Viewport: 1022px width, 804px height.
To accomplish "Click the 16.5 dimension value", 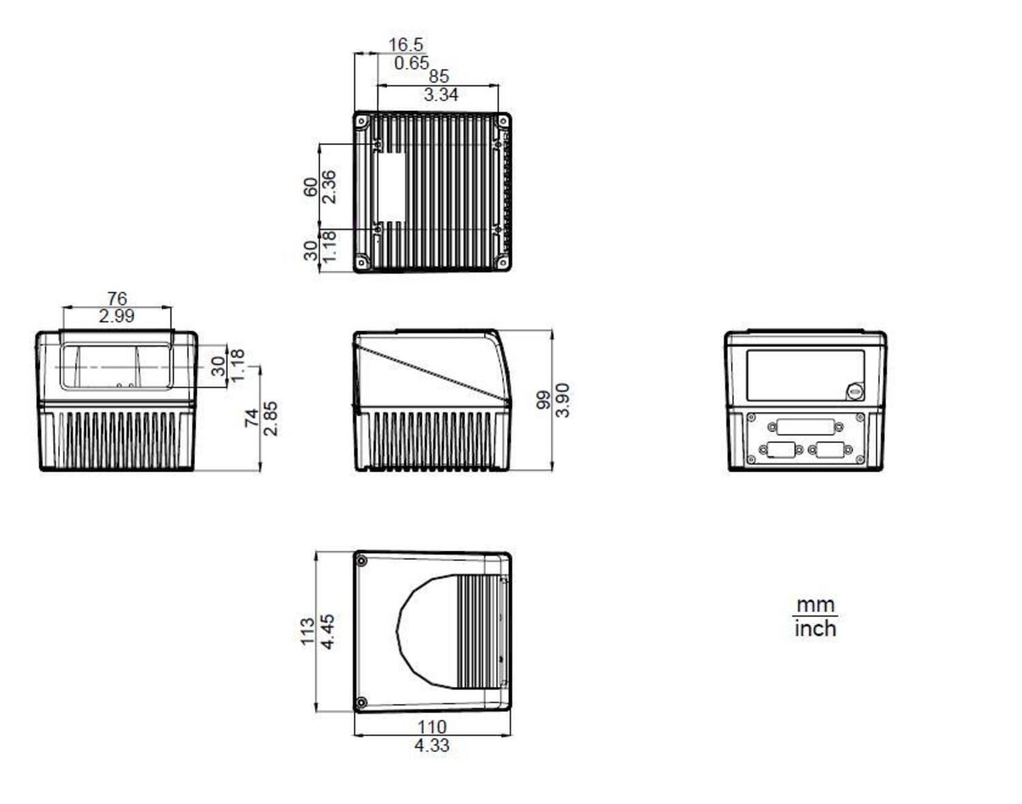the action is (405, 45).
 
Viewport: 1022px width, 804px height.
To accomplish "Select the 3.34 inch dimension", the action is (441, 95).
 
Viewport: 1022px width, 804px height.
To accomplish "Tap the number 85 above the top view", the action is (438, 76).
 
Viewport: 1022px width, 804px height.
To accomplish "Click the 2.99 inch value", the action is (117, 315).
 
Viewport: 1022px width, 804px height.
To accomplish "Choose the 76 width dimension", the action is (117, 298).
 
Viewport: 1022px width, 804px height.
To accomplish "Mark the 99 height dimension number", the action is (543, 399).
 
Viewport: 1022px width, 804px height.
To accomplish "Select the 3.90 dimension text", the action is (562, 400).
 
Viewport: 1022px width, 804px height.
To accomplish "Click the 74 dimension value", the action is (251, 418).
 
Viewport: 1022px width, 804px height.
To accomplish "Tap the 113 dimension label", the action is (308, 631).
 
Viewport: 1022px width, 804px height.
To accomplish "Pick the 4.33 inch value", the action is (431, 745).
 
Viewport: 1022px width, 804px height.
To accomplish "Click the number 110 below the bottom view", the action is (432, 727).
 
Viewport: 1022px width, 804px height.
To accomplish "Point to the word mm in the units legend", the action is (815, 605).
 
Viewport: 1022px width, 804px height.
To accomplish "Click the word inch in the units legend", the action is (815, 628).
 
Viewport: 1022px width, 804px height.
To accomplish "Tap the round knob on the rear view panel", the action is (854, 392).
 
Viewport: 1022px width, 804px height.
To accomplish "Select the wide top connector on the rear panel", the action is (805, 427).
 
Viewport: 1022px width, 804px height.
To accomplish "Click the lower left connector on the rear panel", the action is (781, 449).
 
